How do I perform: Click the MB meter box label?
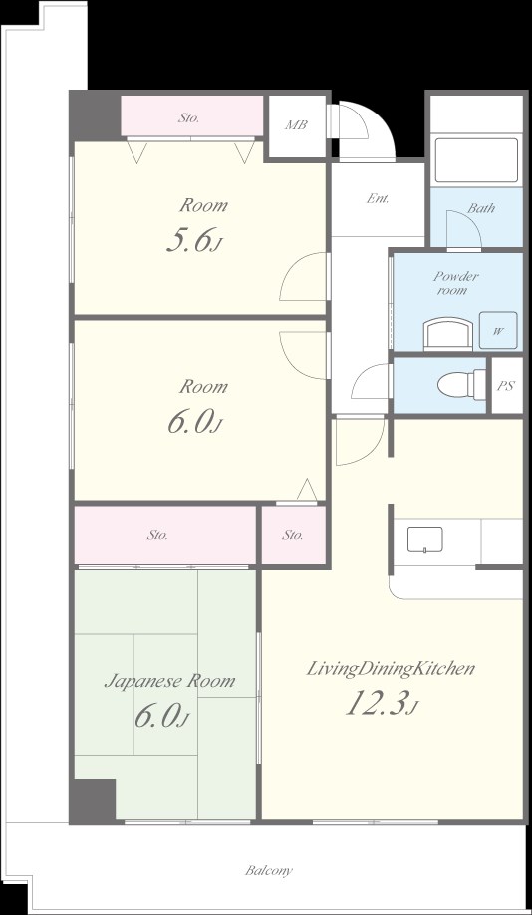[296, 124]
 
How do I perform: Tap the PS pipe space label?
[506, 386]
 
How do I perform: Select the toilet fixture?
[461, 385]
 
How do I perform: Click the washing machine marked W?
[498, 331]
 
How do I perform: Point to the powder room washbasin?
[448, 334]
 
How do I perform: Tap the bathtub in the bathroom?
[475, 160]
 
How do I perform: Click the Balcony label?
[269, 871]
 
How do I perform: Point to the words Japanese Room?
[169, 682]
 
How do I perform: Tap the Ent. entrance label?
[378, 198]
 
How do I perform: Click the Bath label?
[481, 208]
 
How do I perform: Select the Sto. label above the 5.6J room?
[188, 117]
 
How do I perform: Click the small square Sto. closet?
[293, 535]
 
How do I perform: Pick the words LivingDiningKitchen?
[391, 669]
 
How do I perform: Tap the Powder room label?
[456, 283]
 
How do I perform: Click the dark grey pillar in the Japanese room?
[93, 801]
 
